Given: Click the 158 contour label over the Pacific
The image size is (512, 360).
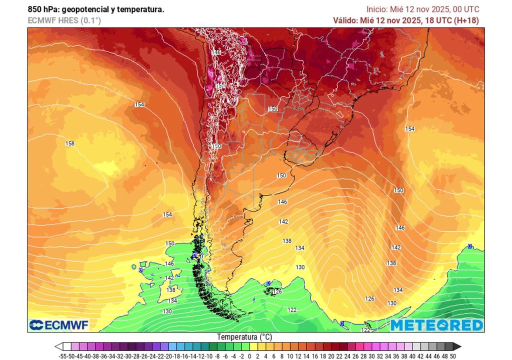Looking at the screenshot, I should pyautogui.click(x=70, y=144).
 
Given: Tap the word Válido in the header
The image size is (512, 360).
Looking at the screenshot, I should pyautogui.click(x=345, y=20).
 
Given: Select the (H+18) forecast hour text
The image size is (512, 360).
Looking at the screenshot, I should pyautogui.click(x=466, y=20).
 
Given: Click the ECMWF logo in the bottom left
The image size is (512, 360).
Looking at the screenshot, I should pyautogui.click(x=59, y=325).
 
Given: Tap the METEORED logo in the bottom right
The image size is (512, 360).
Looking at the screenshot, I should pyautogui.click(x=436, y=325).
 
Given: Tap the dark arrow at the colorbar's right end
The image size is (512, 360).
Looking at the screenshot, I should pyautogui.click(x=457, y=346).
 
